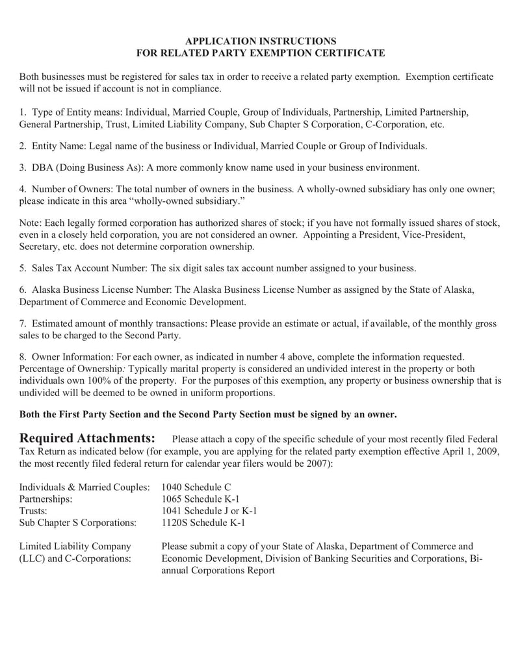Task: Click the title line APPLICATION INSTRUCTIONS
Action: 260,41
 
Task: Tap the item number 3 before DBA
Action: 22,168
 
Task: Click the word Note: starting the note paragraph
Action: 31,223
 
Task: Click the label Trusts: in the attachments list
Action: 34,510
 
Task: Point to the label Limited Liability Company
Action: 75,547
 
